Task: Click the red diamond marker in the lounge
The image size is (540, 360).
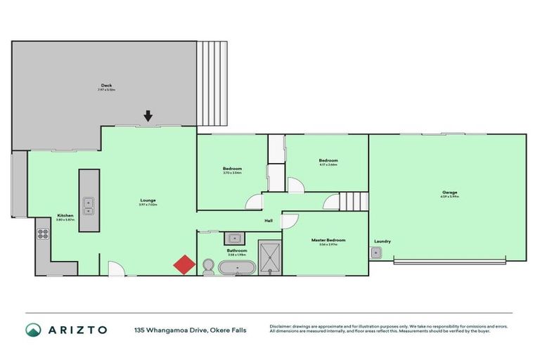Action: (x=185, y=264)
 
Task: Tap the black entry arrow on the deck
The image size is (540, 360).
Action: (x=148, y=116)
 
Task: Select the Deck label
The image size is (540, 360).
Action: (x=106, y=86)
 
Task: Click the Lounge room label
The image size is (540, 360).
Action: (x=148, y=200)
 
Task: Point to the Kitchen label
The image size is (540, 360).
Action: (x=65, y=215)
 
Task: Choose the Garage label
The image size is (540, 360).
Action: (x=449, y=192)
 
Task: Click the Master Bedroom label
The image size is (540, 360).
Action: (x=328, y=240)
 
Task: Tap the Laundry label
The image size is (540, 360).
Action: (x=382, y=241)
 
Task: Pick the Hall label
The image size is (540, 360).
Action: (x=269, y=221)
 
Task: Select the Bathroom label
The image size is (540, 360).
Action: (x=236, y=250)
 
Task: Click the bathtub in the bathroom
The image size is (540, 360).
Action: (x=236, y=268)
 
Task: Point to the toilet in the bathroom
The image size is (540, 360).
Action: (x=207, y=266)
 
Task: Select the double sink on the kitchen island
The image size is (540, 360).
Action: (x=89, y=206)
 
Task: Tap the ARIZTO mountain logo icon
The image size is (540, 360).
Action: (x=34, y=329)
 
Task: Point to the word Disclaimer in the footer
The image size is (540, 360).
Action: (x=281, y=326)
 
